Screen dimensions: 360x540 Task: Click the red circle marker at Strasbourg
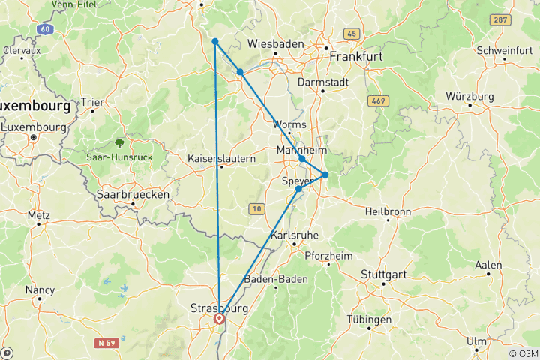pyautogui.click(x=219, y=319)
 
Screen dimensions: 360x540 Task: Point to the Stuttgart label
pyautogui.click(x=382, y=274)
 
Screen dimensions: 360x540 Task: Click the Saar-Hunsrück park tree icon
pyautogui.click(x=119, y=142)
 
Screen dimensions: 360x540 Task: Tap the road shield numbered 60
pyautogui.click(x=46, y=29)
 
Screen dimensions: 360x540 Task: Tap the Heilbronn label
pyautogui.click(x=387, y=211)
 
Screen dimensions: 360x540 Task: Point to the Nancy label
pyautogui.click(x=40, y=289)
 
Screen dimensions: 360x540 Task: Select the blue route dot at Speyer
pyautogui.click(x=298, y=189)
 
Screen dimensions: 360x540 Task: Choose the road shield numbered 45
pyautogui.click(x=352, y=34)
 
